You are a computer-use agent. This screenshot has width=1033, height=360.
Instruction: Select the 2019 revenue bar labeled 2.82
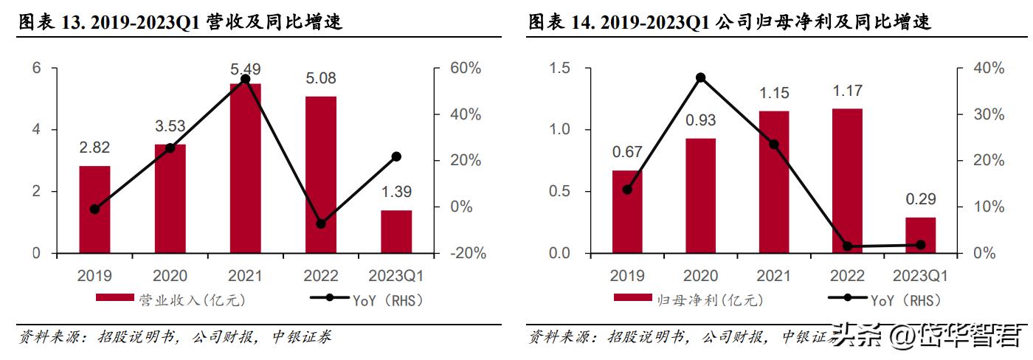coord(94,210)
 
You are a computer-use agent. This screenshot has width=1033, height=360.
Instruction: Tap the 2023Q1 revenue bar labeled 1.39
coord(396,232)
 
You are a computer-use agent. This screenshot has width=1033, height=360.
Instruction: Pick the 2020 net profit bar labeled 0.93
coord(700,195)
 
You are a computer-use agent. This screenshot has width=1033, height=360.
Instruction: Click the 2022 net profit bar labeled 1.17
coord(847,181)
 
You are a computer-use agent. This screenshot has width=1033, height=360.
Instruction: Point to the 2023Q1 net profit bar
coord(920,235)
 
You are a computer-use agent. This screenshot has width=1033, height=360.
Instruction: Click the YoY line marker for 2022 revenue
coord(320,224)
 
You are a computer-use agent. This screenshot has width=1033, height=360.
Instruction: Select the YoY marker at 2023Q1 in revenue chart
coord(396,156)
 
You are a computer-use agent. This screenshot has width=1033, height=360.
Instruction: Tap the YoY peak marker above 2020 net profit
coord(700,77)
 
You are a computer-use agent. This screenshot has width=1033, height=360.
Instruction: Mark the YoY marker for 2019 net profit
coord(627,190)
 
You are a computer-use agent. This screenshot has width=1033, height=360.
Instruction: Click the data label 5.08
coord(321,77)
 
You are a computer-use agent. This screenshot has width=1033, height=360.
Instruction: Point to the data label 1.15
coord(773,93)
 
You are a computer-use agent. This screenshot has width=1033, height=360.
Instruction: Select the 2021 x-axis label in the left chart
coord(246,276)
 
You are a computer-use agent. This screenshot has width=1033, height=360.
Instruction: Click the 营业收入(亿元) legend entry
coord(170,300)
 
